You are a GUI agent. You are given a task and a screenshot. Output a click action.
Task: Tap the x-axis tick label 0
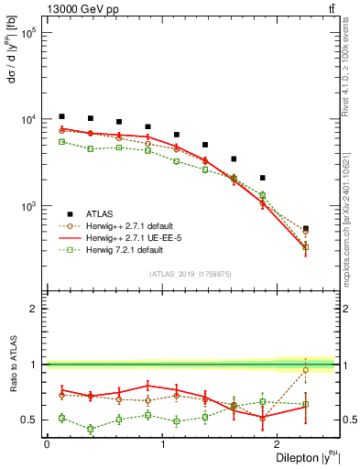47,445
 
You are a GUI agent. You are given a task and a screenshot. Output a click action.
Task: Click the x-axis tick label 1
163,445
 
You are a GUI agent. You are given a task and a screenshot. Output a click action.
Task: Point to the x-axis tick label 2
279,445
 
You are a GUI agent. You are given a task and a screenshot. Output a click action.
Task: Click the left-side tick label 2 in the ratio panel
33,310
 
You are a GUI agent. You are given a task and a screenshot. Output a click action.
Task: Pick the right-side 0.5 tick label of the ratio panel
349,420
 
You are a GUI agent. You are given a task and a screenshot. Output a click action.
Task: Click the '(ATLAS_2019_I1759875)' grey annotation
191,273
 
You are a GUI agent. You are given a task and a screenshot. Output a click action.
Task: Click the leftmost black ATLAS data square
61,116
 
